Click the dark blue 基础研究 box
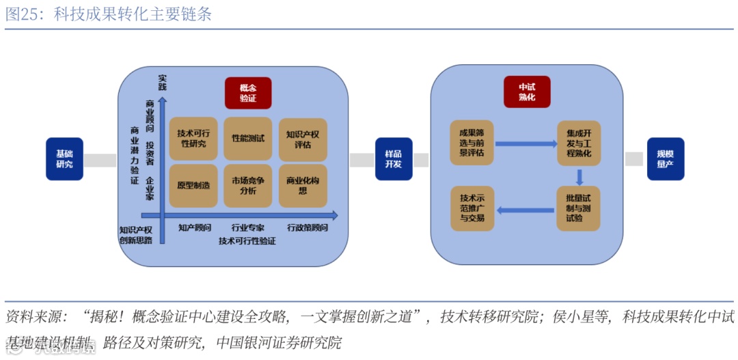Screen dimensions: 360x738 64,159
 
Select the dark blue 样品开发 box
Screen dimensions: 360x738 394,159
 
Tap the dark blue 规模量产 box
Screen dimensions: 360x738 665,159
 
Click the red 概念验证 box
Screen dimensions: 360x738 248,93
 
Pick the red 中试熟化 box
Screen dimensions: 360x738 526,92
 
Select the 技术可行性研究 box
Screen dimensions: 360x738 193,139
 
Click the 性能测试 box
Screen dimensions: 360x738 248,139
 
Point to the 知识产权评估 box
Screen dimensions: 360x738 303,139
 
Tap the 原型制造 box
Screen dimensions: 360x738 193,185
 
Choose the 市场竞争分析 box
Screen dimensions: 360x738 248,185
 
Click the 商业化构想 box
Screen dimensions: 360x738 303,185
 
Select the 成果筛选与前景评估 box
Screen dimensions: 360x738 471,143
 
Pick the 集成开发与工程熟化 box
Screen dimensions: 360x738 579,143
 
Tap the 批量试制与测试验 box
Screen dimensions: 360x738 579,208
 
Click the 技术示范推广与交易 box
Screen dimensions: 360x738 471,208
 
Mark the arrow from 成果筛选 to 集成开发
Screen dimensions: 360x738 525,144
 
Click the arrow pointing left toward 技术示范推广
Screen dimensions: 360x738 525,210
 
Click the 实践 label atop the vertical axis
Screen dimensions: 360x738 162,81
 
